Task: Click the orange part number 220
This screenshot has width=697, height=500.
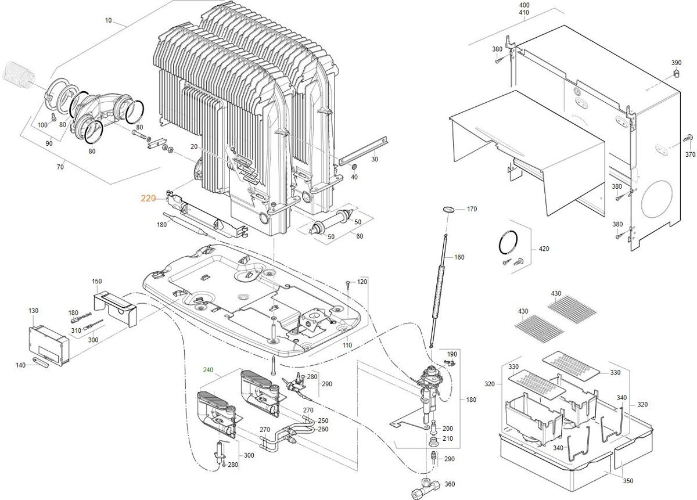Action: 148,198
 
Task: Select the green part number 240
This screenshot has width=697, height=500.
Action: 209,370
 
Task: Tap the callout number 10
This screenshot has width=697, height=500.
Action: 108,21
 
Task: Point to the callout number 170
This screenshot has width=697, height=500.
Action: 472,209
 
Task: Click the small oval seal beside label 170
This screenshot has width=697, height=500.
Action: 448,208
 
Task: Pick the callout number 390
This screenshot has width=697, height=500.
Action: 676,63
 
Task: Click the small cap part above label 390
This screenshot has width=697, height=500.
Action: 676,73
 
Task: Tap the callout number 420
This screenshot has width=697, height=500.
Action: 544,249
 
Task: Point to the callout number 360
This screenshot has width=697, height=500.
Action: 450,484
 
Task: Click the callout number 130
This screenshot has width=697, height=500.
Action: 34,311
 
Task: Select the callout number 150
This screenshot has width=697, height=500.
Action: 96,282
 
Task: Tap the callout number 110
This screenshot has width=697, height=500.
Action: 347,345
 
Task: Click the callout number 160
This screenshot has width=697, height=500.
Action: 459,257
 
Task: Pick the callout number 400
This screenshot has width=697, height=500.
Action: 524,5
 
